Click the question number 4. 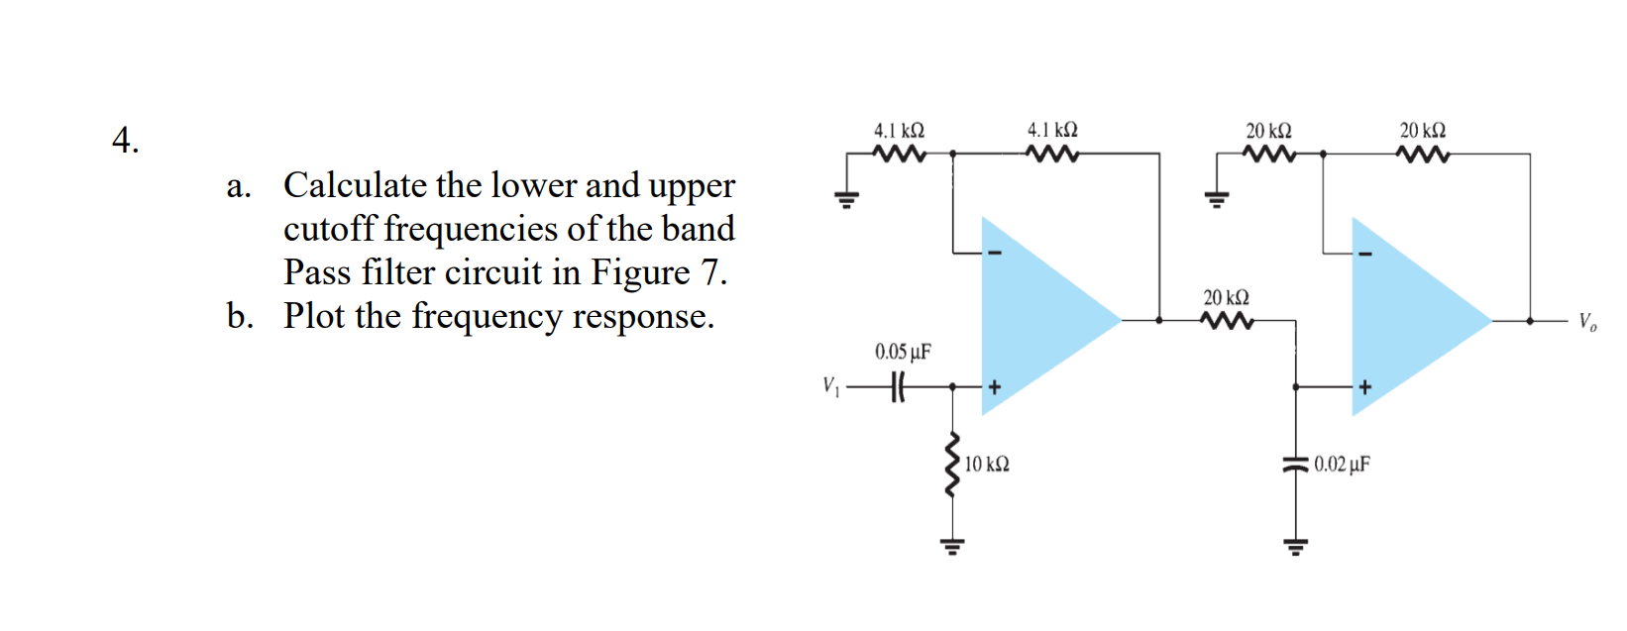click(x=124, y=141)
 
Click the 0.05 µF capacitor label click(x=902, y=352)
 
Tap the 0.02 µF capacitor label click(x=1342, y=464)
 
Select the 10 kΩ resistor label click(x=987, y=464)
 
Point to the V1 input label click(x=830, y=386)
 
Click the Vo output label click(x=1586, y=321)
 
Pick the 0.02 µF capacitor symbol click(x=1294, y=464)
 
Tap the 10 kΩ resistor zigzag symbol click(x=953, y=464)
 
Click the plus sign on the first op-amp click(x=995, y=386)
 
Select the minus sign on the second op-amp click(x=1365, y=254)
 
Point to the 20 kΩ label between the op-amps click(x=1226, y=297)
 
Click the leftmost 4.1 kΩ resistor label click(x=899, y=130)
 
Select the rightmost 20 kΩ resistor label click(x=1422, y=130)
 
